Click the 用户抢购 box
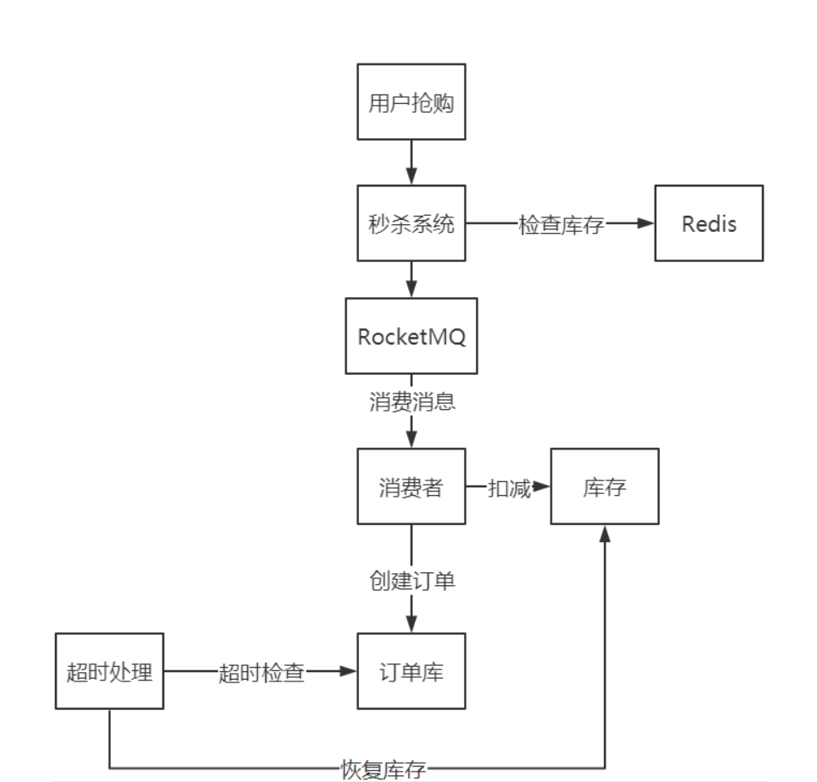coord(411,101)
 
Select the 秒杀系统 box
coord(411,223)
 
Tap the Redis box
coord(709,223)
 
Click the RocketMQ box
coord(411,336)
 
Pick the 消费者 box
coord(411,486)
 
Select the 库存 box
coord(604,486)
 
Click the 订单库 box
coord(411,671)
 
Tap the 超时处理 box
coord(109,671)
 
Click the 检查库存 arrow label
coord(561,224)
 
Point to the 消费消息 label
coord(412,402)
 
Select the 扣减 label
coord(509,487)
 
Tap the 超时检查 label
coord(262,672)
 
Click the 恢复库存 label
coord(382,768)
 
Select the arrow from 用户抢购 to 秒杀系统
coord(411,162)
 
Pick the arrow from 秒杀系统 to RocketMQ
coord(411,279)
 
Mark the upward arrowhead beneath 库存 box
coord(605,534)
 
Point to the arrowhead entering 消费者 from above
coord(411,439)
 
